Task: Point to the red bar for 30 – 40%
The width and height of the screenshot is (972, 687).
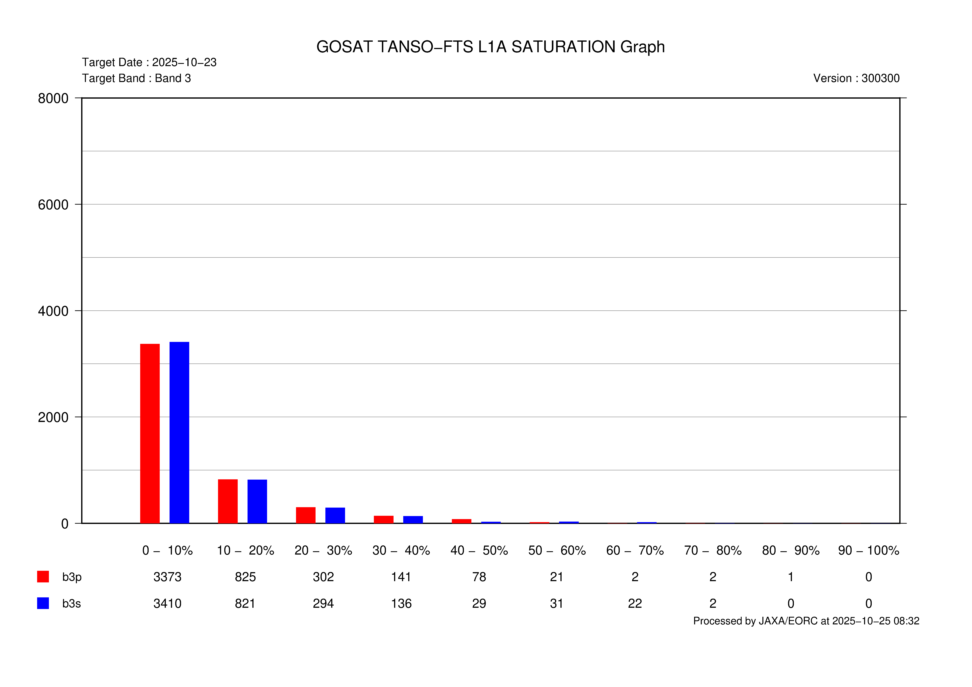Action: (x=384, y=519)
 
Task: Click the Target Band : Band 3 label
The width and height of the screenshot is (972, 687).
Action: (x=136, y=78)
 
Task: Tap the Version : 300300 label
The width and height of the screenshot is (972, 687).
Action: (x=856, y=78)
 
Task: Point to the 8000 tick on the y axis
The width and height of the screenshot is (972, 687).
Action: (x=53, y=98)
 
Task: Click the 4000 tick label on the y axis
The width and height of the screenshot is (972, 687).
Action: (x=53, y=311)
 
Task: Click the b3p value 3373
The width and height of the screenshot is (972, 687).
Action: (x=167, y=577)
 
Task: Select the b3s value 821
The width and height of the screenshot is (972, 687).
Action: (x=245, y=604)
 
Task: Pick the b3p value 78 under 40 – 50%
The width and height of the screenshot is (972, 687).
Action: (x=479, y=577)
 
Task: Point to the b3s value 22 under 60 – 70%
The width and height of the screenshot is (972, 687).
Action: (x=635, y=604)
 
